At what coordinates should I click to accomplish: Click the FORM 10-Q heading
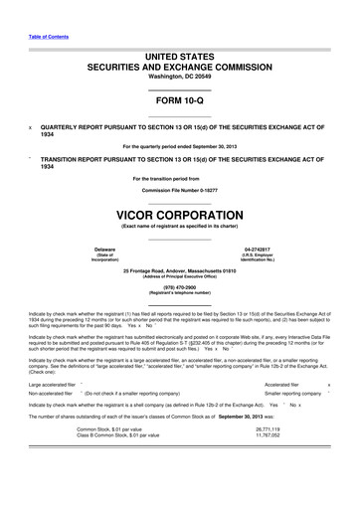[x=179, y=102]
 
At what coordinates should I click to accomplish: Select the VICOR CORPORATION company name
[x=179, y=214]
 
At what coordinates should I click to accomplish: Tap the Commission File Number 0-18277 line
[x=179, y=188]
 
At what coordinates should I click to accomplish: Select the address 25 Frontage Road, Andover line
[x=179, y=270]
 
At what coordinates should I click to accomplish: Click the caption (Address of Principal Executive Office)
[x=179, y=275]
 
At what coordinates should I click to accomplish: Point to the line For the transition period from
[x=179, y=178]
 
